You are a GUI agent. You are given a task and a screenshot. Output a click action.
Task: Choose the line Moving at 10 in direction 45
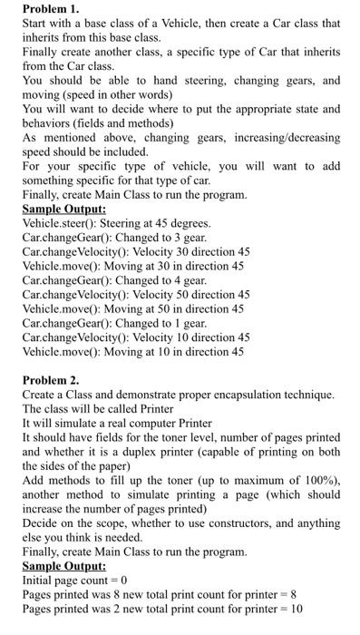(132, 351)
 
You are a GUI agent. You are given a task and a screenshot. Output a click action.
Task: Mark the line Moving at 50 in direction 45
(132, 309)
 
